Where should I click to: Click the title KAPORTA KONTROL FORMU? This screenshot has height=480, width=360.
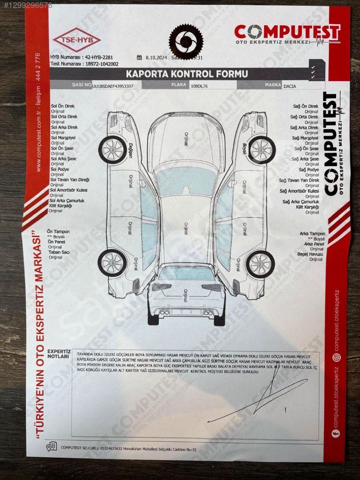(187, 74)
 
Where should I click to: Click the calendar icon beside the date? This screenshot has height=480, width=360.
(139, 57)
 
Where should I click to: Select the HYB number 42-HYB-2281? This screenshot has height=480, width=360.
(102, 57)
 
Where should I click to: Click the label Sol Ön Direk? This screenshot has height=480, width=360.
(63, 106)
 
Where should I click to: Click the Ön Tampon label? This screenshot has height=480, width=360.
(58, 232)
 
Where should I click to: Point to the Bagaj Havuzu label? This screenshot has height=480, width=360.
(310, 254)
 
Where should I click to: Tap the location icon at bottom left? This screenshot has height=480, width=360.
(52, 446)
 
